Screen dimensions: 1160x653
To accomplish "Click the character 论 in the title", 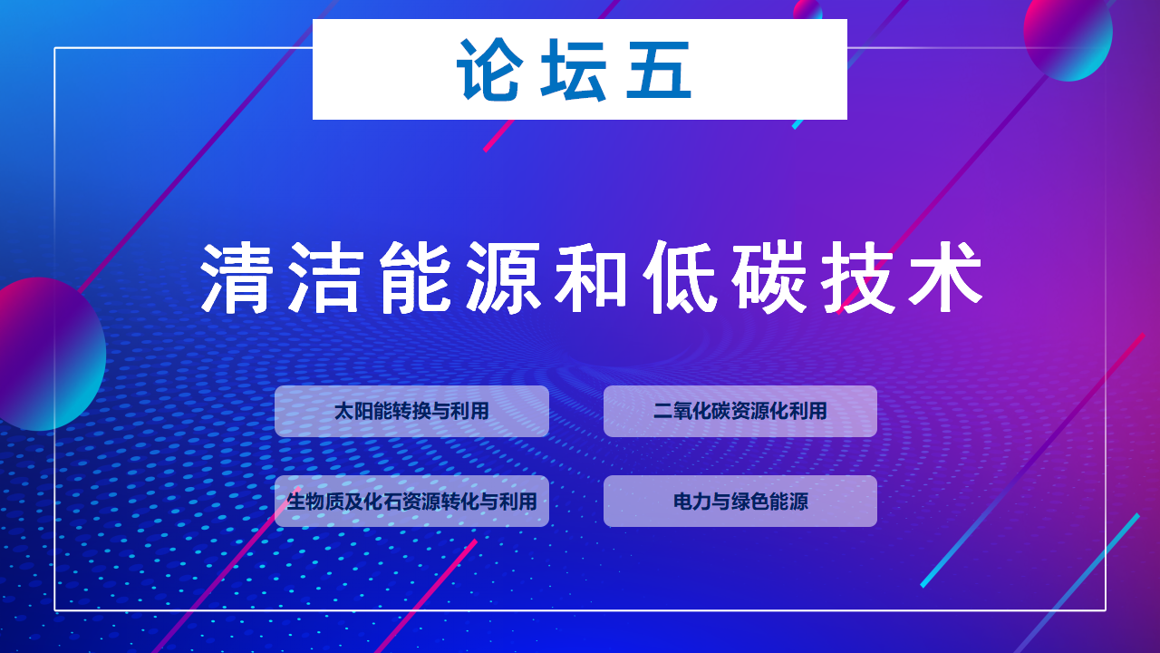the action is pos(488,70).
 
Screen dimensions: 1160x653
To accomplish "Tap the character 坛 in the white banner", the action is pos(574,70).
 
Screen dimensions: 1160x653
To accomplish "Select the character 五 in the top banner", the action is pos(658,70).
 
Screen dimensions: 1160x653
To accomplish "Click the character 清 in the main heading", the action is pos(237,278).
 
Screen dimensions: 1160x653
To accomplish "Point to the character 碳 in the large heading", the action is pos(768,278).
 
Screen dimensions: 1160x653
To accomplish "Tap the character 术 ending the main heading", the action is pos(945,278).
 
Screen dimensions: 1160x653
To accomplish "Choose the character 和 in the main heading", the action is pos(591,278).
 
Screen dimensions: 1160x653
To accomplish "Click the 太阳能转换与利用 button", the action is pos(411,411).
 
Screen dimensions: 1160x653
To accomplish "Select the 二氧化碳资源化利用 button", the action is pos(740,411).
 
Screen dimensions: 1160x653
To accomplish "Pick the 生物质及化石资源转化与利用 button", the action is pos(411,502).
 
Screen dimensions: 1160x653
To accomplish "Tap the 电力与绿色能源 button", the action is pos(740,502).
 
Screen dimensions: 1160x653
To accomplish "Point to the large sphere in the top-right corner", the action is pos(1068,36).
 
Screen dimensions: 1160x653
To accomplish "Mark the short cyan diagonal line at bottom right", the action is pos(1029,551).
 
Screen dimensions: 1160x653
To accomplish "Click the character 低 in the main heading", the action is pos(680,278).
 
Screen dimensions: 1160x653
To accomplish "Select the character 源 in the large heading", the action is pos(503,278).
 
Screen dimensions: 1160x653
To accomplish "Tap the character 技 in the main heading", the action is pos(857,278).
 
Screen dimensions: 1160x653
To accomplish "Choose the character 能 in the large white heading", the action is pos(414,278).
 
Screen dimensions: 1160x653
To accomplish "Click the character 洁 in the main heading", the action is pos(325,278).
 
